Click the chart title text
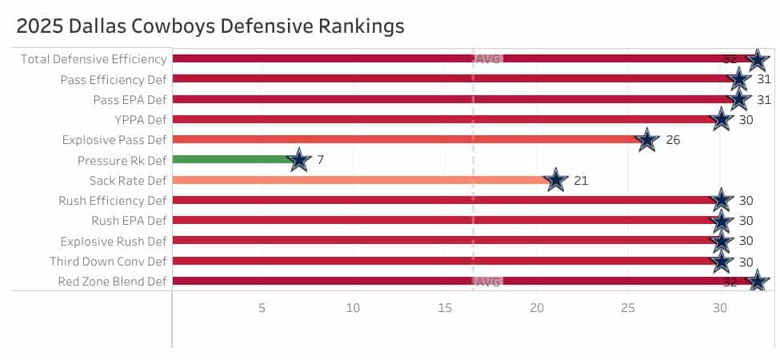210,26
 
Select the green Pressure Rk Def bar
232,159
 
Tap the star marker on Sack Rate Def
555,180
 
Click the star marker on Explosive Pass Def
647,140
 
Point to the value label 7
320,160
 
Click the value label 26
673,140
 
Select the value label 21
581,180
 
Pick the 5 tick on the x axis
262,308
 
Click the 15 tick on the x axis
445,308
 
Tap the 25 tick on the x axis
628,308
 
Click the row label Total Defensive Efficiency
94,59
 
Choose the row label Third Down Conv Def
108,262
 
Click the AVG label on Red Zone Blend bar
488,282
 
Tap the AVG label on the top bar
488,59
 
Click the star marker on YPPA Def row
721,119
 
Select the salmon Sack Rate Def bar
360,180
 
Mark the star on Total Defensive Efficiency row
758,59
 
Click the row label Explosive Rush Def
114,241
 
